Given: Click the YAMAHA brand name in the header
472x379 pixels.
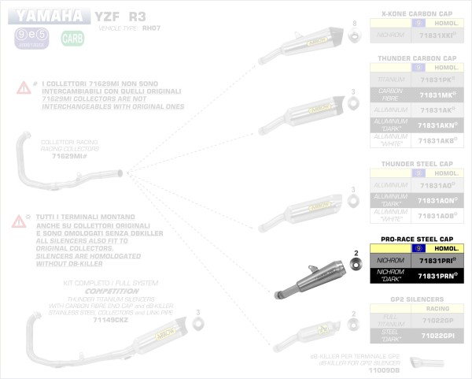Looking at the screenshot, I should pyautogui.click(x=49, y=15).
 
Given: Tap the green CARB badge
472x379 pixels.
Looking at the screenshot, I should pyautogui.click(x=72, y=38).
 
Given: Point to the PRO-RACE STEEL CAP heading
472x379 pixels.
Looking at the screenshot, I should pyautogui.click(x=416, y=238).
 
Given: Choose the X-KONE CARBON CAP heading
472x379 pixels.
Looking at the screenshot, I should pyautogui.click(x=416, y=14).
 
